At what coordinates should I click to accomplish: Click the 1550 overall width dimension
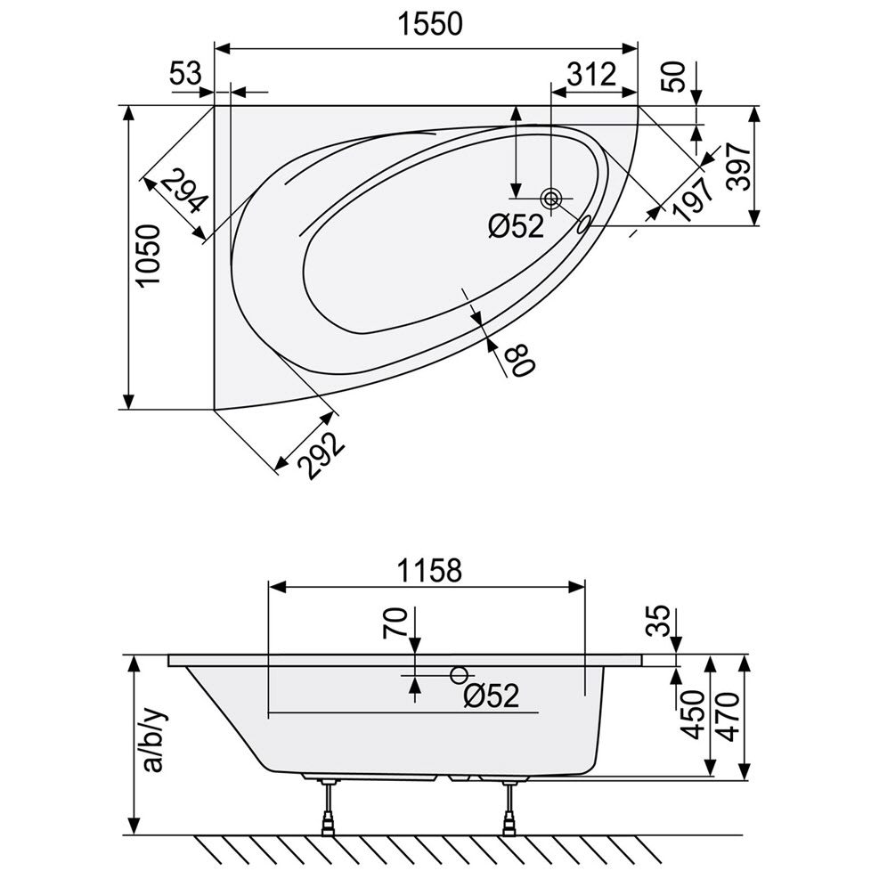click(x=430, y=25)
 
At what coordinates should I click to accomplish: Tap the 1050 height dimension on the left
click(x=150, y=256)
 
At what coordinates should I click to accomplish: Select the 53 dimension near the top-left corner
click(x=185, y=73)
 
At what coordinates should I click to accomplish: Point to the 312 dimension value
click(x=591, y=74)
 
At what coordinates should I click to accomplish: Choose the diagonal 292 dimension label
click(x=320, y=454)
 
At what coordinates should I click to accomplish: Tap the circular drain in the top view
click(x=551, y=198)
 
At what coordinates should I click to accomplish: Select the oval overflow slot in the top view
click(x=583, y=224)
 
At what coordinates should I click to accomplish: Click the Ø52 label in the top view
click(x=516, y=226)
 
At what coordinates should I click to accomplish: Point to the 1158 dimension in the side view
click(x=429, y=571)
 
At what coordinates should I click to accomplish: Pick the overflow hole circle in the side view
click(x=459, y=675)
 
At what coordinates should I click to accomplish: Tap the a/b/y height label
click(x=153, y=741)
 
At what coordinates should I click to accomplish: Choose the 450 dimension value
click(x=695, y=715)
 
